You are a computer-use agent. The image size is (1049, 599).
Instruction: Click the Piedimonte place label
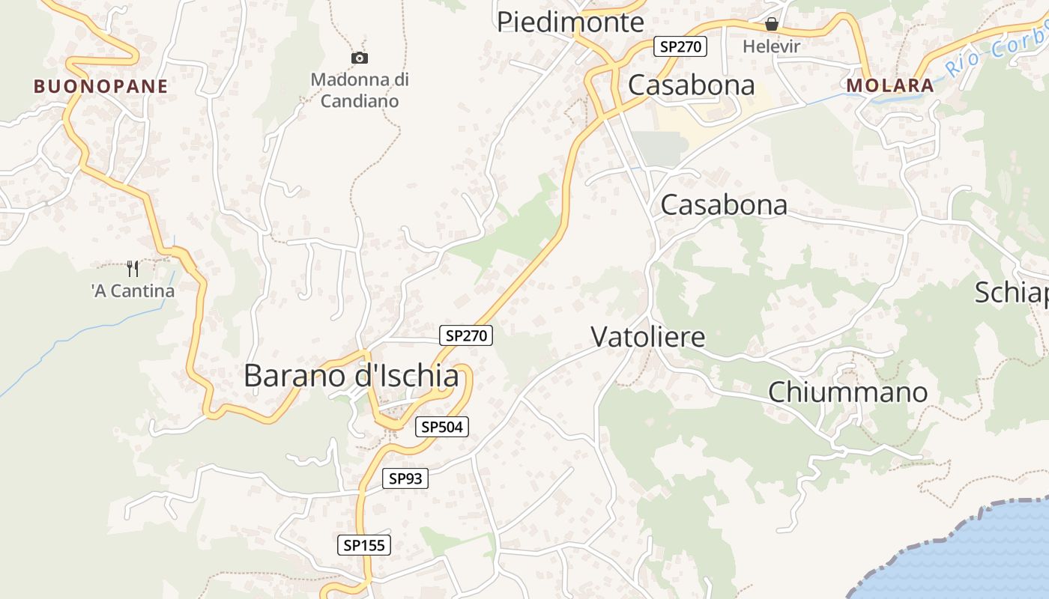pos(570,22)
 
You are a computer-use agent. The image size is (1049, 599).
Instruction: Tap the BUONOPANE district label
pos(100,86)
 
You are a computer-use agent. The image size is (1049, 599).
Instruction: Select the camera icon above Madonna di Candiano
pos(360,58)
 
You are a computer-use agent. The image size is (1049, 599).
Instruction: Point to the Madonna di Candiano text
pos(360,90)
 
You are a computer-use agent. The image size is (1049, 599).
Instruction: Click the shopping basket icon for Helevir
pos(772,25)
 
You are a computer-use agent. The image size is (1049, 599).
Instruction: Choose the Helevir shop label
pos(772,46)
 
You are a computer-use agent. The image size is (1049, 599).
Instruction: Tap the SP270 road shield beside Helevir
pos(680,46)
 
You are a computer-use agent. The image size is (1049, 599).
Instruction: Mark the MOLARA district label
pos(890,85)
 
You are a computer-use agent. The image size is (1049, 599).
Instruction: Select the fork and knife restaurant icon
pos(133,269)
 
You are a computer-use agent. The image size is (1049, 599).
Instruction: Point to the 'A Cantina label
pos(133,291)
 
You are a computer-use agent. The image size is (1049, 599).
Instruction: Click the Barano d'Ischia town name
pos(351,375)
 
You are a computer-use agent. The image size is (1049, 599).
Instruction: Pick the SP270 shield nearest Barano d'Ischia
pos(466,335)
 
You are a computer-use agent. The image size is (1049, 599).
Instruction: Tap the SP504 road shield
pos(442,427)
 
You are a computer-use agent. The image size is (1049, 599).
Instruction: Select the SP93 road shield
pos(405,478)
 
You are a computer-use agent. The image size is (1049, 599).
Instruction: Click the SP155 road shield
pos(363,545)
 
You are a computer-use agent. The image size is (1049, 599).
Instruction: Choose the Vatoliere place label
pos(648,336)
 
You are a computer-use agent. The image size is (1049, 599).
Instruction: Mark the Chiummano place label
pos(847,392)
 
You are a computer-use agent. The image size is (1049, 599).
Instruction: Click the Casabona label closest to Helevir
pos(692,85)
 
